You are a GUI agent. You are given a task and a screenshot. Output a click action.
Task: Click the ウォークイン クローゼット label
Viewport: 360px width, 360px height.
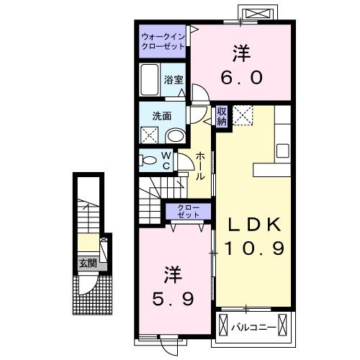163,40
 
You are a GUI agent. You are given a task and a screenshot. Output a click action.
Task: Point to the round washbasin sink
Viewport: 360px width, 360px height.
175,135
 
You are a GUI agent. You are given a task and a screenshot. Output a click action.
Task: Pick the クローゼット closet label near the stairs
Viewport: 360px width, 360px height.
189,212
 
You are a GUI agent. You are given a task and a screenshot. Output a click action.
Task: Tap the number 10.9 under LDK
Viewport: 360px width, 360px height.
257,248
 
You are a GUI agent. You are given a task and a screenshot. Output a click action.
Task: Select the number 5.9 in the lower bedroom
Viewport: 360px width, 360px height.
174,297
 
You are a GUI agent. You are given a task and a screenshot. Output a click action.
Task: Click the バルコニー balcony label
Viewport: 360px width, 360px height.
254,328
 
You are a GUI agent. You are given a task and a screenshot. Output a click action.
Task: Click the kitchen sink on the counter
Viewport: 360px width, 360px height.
283,151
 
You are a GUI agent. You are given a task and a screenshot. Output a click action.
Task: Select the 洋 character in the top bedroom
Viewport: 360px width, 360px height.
240,53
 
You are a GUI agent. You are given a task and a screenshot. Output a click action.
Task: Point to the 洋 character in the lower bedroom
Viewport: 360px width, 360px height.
172,274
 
